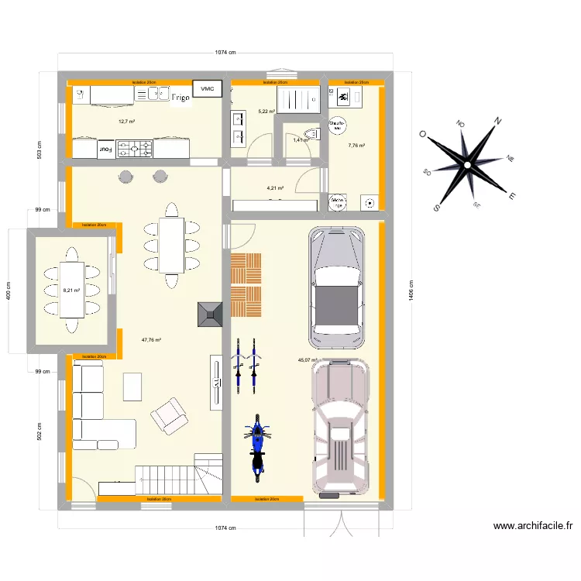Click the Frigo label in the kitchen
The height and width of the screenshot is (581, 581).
click(180, 98)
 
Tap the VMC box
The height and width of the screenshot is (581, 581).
click(207, 89)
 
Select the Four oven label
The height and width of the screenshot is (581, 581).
click(104, 148)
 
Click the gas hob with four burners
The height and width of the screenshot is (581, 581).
click(135, 148)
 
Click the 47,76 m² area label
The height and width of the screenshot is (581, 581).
click(151, 339)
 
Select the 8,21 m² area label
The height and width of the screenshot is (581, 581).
click(71, 290)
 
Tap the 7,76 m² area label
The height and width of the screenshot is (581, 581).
click(356, 145)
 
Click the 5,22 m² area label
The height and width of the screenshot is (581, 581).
click(266, 112)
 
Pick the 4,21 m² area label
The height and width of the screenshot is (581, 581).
click(275, 188)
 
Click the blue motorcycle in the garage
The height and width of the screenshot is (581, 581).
click(256, 445)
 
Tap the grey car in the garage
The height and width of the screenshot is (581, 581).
click(337, 287)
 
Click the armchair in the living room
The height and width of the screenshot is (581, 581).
click(169, 415)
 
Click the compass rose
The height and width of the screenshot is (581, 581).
click(468, 164)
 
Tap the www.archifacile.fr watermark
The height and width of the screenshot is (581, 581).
click(533, 526)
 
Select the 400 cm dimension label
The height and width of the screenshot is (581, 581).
click(9, 290)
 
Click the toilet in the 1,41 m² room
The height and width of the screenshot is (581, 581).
click(311, 135)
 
